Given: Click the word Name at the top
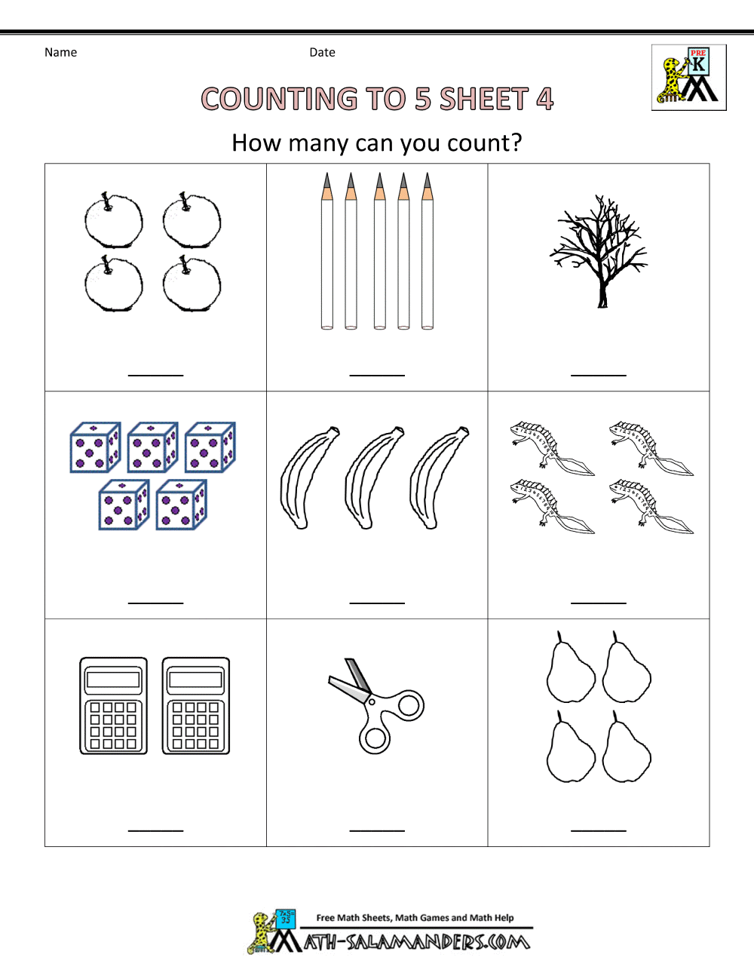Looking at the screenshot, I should point(60,52).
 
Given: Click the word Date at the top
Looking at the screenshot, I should point(322,52).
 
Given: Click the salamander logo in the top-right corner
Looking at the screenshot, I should point(688,78).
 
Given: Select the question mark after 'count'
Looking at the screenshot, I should point(514,143).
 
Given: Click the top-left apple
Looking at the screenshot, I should point(113,220).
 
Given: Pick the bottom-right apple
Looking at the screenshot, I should point(192,284).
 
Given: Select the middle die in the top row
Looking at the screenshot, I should point(152,448).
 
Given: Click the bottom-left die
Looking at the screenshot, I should point(124,505).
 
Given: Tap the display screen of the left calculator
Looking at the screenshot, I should point(113,680).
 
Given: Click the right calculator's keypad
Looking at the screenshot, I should point(196,726).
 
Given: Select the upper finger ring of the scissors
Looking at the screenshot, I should point(409,706).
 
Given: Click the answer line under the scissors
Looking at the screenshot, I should point(377,830).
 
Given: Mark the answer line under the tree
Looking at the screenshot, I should point(599,375).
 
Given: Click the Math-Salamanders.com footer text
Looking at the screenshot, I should point(416,942).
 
